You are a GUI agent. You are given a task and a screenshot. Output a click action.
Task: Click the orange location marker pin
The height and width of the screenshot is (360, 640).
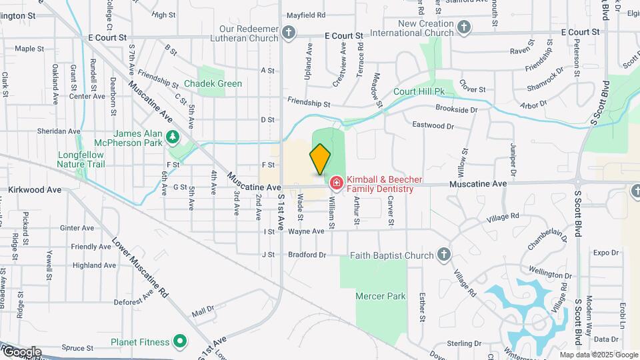point(320,158)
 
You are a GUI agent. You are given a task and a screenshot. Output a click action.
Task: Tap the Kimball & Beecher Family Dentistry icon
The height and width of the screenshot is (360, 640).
point(336,182)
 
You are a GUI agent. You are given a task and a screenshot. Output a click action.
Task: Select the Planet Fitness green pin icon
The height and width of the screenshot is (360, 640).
point(179,342)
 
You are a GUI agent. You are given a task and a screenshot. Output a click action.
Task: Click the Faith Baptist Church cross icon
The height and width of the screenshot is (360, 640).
point(444,255)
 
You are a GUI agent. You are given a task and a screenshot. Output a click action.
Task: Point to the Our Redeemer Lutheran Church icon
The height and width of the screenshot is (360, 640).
point(288,31)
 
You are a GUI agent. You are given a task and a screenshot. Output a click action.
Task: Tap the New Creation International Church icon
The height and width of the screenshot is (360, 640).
point(464,27)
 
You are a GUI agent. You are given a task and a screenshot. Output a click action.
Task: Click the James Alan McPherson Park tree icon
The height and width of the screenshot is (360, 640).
point(173,137)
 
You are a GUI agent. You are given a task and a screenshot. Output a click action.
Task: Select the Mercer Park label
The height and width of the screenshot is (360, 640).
point(371,295)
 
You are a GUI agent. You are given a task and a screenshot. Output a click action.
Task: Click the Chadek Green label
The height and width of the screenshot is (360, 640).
point(213,84)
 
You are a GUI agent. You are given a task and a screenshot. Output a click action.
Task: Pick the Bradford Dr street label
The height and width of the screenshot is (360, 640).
point(307,255)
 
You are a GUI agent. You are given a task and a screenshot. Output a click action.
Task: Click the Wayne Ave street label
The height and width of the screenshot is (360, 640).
point(306,231)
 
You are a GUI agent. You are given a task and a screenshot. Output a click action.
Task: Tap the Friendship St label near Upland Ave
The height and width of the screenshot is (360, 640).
point(309,103)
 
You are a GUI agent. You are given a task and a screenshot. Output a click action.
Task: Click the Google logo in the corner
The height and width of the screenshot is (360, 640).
point(22,352)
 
